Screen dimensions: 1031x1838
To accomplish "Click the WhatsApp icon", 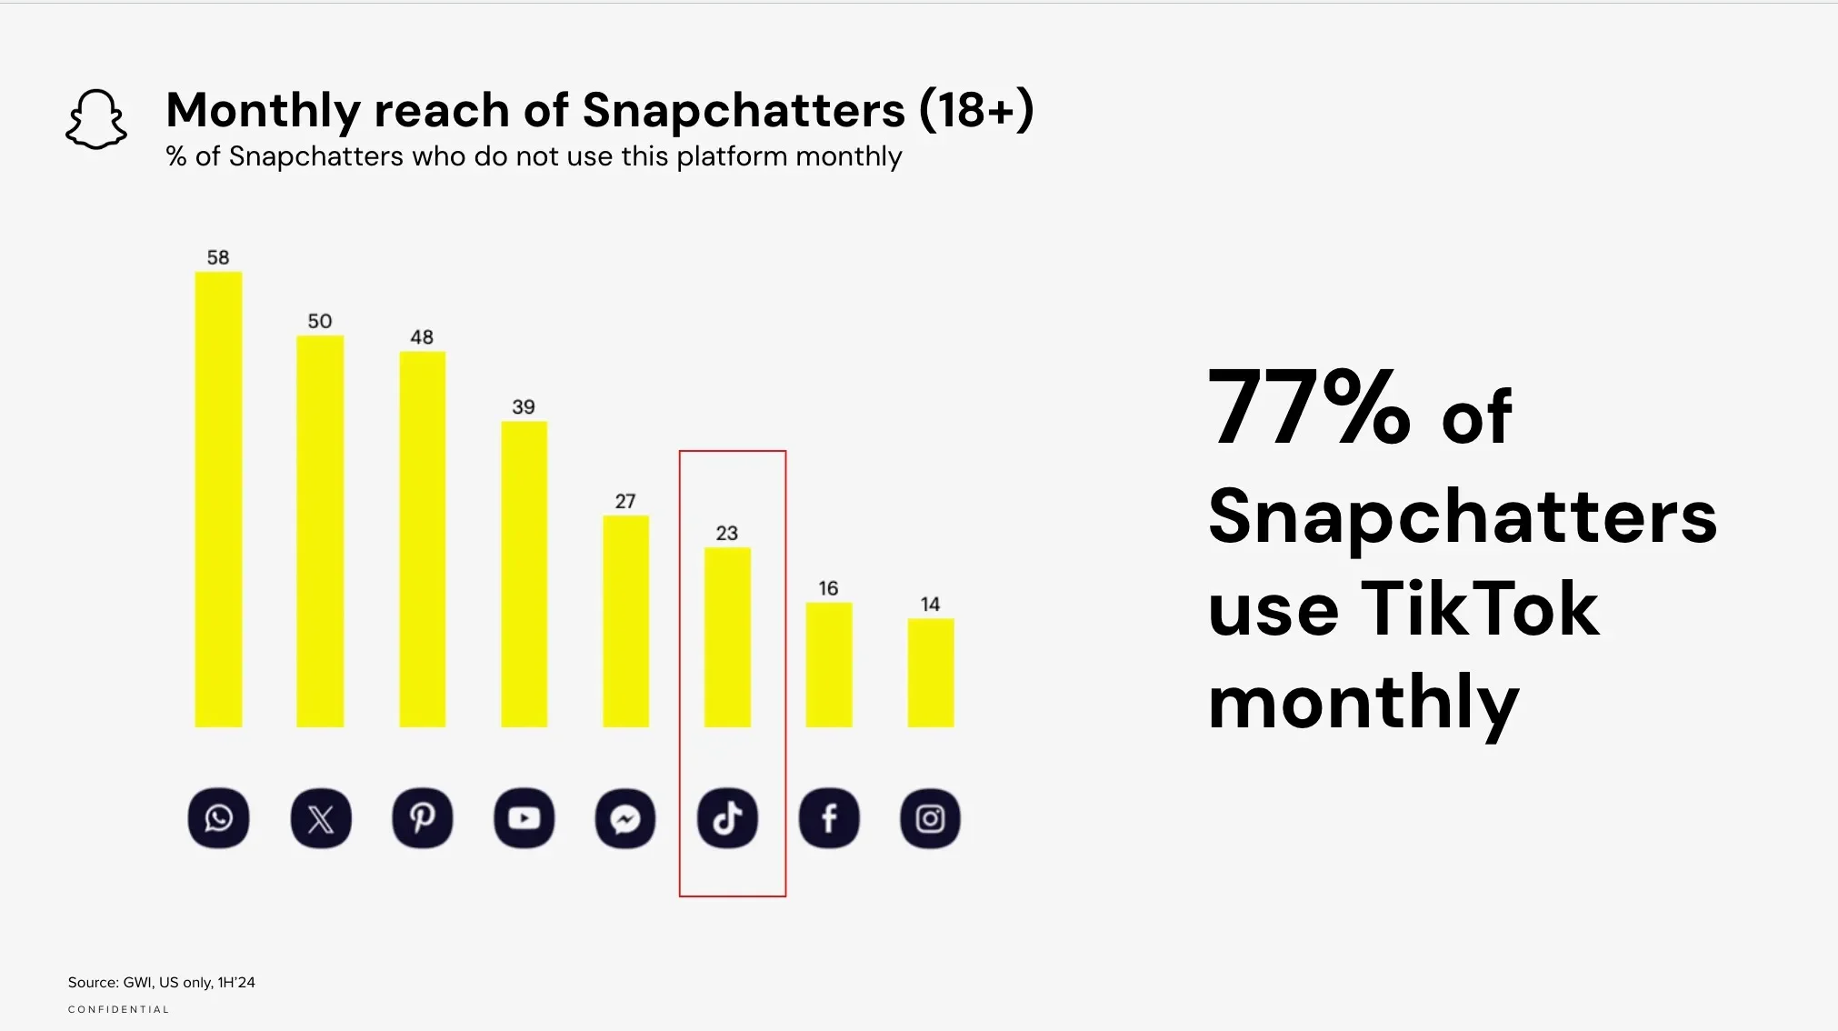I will [x=218, y=818].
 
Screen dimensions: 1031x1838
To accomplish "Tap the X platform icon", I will [x=321, y=818].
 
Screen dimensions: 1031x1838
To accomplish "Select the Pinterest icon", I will [x=422, y=818].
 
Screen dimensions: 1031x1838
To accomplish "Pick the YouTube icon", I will [x=524, y=818].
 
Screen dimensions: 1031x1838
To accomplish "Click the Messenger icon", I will [x=625, y=818].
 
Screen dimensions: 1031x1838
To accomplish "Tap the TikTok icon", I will [x=727, y=818].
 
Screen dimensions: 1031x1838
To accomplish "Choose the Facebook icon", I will [x=829, y=818].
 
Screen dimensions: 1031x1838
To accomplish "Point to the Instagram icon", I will [x=930, y=818].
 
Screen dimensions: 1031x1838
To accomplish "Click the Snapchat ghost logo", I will [x=96, y=119].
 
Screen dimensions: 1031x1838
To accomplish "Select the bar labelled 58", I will [x=218, y=500].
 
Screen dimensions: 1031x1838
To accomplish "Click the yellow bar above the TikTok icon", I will [x=727, y=636].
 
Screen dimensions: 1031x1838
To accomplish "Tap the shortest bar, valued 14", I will [x=930, y=673].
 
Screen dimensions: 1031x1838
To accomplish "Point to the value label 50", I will [x=320, y=321].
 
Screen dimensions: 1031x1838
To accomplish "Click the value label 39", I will [x=524, y=406].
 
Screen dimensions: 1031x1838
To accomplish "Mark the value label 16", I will [x=828, y=588].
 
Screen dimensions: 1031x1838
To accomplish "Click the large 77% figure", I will [x=1309, y=409].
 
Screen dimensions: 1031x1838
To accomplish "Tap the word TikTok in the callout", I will [x=1479, y=609].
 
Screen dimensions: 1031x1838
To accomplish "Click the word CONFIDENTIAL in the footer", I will [x=119, y=1009].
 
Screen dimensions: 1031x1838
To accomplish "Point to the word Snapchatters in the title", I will [x=744, y=111].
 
